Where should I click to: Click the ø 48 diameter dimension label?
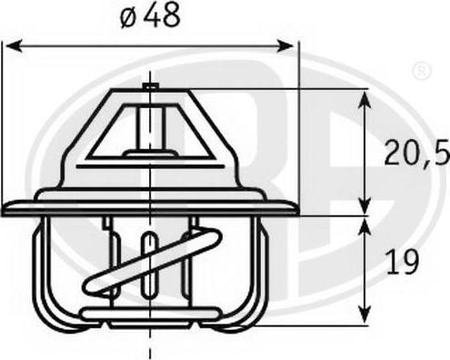pos(151,16)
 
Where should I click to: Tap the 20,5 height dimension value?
pos(417,153)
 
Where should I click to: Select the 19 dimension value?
pos(403,263)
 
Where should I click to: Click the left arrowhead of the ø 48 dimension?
pos(14,46)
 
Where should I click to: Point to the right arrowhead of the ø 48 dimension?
pos(285,46)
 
